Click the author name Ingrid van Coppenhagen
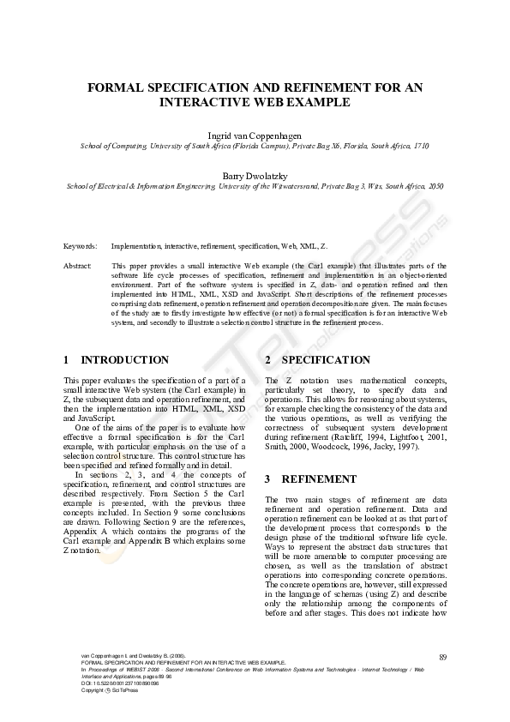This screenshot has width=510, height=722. pyautogui.click(x=255, y=135)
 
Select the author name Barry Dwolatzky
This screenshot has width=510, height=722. pyautogui.click(x=255, y=173)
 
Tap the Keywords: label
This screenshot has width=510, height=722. pyautogui.click(x=81, y=245)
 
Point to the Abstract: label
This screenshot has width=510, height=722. pyautogui.click(x=78, y=267)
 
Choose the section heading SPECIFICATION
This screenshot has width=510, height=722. pyautogui.click(x=314, y=360)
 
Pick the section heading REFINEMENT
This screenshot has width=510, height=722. pyautogui.click(x=319, y=479)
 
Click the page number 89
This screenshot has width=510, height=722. pyautogui.click(x=442, y=657)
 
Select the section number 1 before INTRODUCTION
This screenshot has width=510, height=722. pyautogui.click(x=67, y=360)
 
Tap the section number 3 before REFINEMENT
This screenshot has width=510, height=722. pyautogui.click(x=268, y=479)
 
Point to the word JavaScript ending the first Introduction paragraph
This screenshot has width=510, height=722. pyautogui.click(x=84, y=416)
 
